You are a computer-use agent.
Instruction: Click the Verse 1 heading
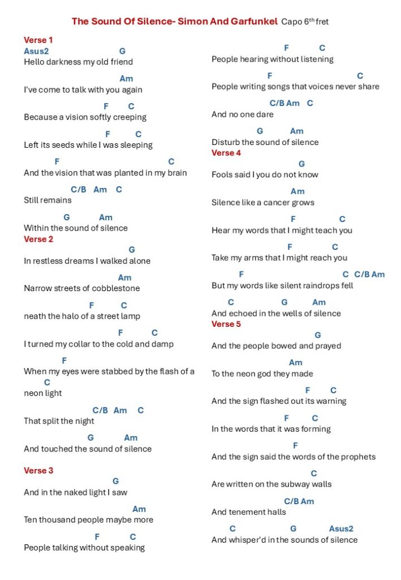click(x=38, y=40)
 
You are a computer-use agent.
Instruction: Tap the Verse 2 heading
click(x=38, y=239)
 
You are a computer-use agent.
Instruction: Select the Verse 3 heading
click(x=38, y=471)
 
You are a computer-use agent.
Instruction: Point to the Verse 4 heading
click(x=226, y=153)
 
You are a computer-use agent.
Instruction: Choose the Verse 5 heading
click(x=226, y=324)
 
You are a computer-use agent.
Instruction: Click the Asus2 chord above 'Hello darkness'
click(x=36, y=51)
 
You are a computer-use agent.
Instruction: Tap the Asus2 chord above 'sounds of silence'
click(x=341, y=529)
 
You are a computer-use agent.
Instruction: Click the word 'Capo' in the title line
click(x=291, y=22)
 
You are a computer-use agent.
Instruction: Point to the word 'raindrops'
click(x=320, y=285)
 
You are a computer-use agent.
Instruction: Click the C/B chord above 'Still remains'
click(x=79, y=190)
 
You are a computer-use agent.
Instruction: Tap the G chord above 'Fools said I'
click(x=301, y=164)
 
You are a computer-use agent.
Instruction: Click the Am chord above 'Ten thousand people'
click(x=139, y=509)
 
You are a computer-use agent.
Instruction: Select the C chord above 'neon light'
click(x=47, y=383)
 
